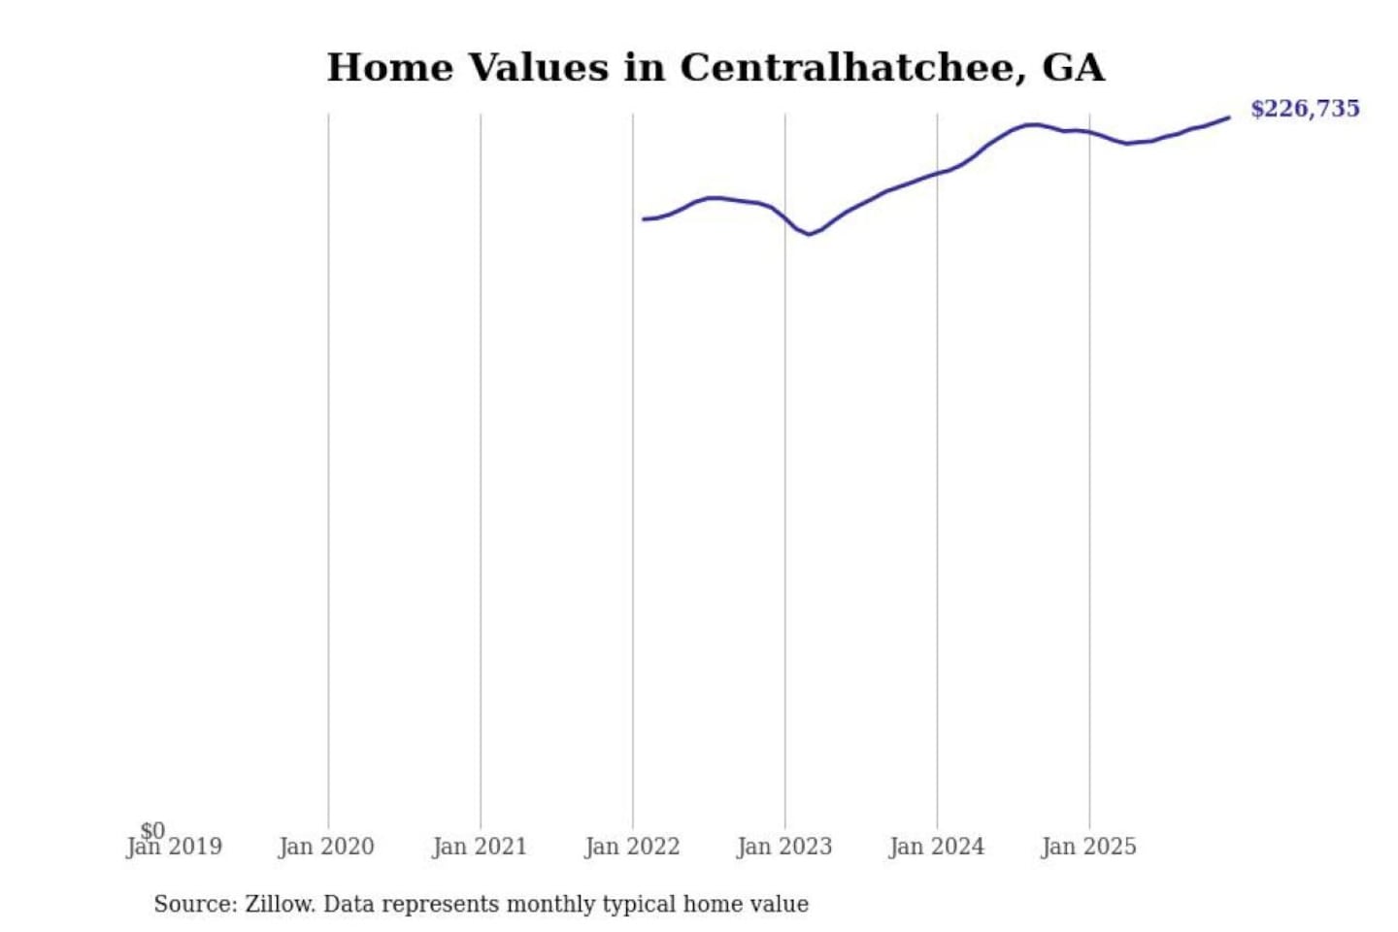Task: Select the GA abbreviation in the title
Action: pos(1073,67)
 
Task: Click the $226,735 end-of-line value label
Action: pos(1305,109)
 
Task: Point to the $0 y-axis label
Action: pos(152,830)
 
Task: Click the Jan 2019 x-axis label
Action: pos(175,848)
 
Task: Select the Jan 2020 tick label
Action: pos(326,848)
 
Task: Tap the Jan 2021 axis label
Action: pos(480,848)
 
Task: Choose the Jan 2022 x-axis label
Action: pos(632,848)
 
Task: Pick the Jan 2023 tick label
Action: pos(784,848)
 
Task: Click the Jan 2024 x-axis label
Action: pos(937,848)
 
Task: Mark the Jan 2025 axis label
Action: pos(1088,848)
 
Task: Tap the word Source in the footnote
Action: pos(194,904)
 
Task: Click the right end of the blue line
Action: pos(1228,117)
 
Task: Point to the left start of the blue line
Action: pos(644,219)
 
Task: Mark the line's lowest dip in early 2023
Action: pos(809,234)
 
